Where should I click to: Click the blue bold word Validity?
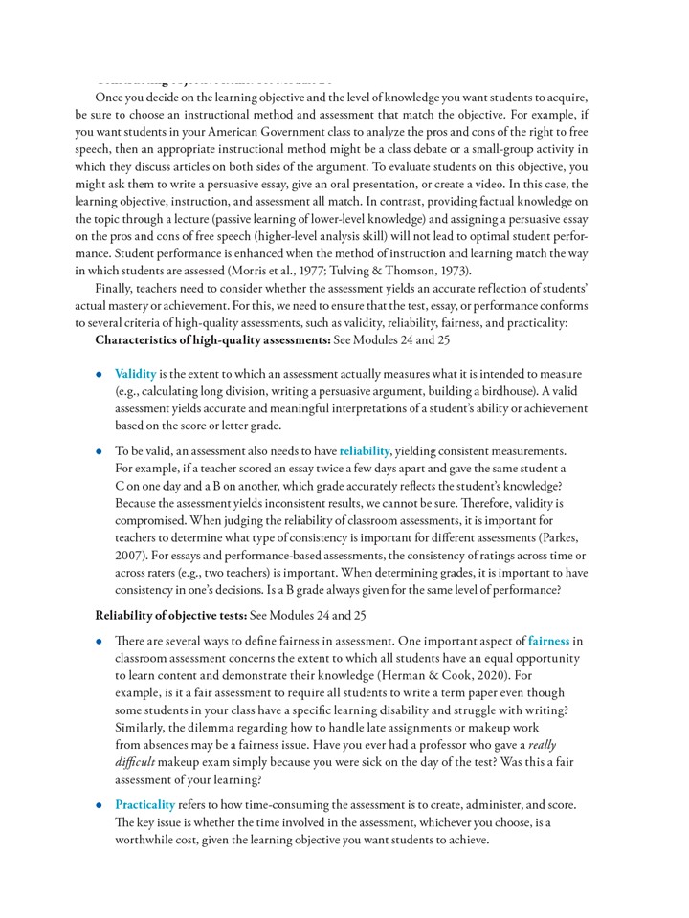135,374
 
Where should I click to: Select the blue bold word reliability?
365,450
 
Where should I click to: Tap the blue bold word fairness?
548,641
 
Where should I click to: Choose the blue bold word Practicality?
144,805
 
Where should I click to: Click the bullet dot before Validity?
100,375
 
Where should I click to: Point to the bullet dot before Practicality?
100,806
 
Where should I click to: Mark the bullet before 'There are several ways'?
100,642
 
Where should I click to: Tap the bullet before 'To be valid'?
100,451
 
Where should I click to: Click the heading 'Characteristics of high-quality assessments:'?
212,339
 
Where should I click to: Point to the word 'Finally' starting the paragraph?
116,288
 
